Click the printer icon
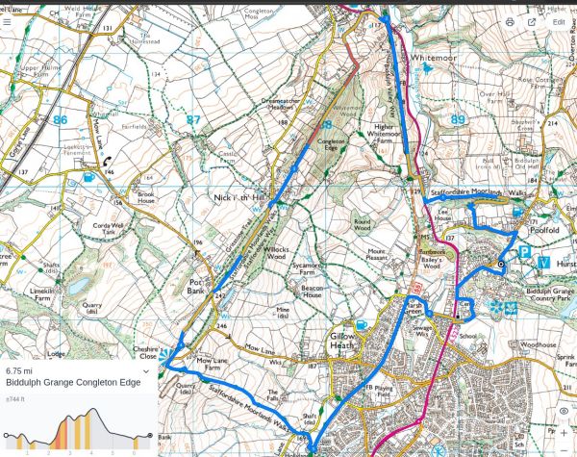click(x=509, y=21)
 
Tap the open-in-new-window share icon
click(x=531, y=21)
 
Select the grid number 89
click(x=458, y=119)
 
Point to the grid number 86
click(x=61, y=120)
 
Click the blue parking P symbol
click(x=525, y=252)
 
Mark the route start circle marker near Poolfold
click(x=500, y=264)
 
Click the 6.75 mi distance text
click(x=19, y=370)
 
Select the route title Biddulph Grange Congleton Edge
click(x=73, y=382)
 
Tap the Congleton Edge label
click(x=332, y=145)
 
